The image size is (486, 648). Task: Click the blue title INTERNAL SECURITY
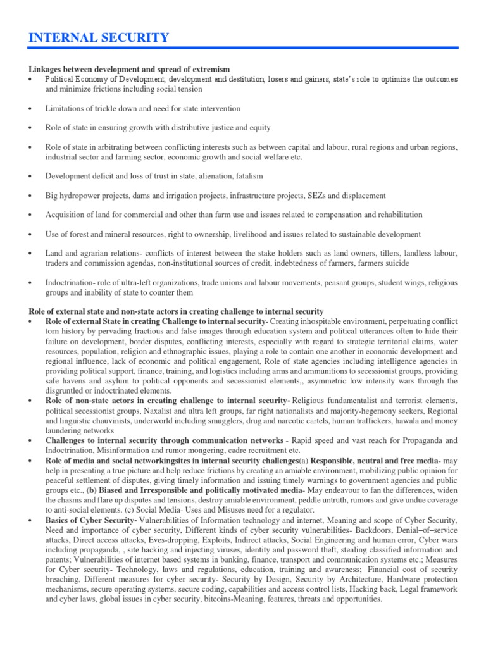[x=99, y=38]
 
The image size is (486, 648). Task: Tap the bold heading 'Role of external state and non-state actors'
[x=177, y=311]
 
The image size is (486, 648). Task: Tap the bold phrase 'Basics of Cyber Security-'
[x=92, y=520]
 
